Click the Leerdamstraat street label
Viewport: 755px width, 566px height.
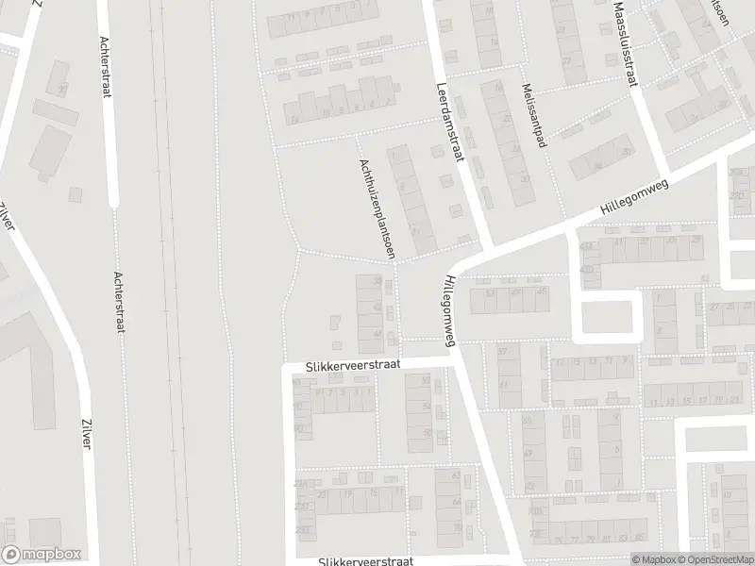point(446,123)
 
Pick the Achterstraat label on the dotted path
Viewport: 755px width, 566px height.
point(120,304)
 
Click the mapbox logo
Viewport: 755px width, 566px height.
point(42,555)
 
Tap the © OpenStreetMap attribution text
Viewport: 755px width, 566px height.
point(713,559)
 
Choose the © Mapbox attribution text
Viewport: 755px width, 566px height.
point(653,559)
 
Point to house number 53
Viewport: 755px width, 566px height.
point(490,293)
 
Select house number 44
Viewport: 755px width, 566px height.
point(378,335)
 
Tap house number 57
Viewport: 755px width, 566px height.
point(503,351)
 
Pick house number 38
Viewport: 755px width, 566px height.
point(378,280)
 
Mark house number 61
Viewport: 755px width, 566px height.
point(503,384)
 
